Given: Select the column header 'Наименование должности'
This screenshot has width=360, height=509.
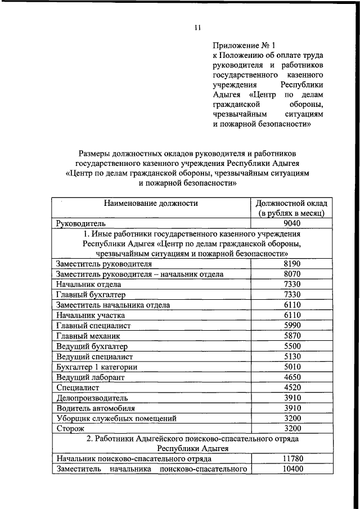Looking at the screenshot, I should click(150, 203).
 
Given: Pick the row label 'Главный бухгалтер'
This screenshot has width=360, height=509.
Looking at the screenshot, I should click(91, 295).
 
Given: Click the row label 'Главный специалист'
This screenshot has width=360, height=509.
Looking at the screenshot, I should click(93, 325).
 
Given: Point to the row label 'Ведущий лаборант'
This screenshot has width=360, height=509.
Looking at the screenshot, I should click(91, 377).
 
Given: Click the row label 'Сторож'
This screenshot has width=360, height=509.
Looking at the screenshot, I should click(70, 429).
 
